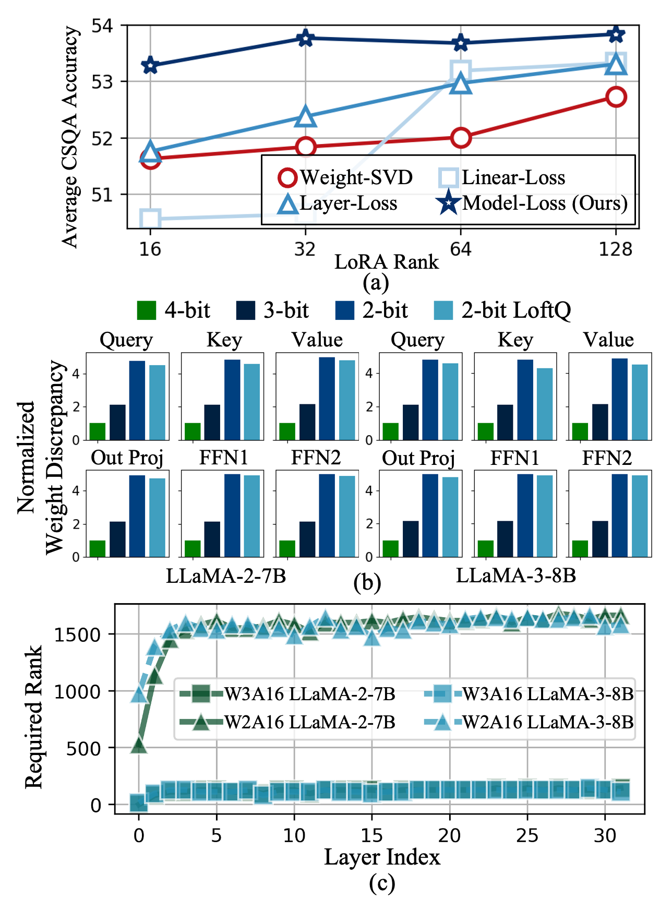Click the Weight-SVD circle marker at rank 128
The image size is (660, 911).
[616, 97]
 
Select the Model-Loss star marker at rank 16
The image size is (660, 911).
[150, 66]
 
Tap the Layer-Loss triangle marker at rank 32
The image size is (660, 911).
[306, 117]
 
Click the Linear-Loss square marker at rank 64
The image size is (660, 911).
[461, 70]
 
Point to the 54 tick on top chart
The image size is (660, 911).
[102, 26]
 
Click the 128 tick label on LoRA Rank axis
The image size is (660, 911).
[616, 249]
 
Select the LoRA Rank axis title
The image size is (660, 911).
[386, 261]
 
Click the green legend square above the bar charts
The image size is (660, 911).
[147, 310]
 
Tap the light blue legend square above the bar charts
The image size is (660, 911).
[443, 310]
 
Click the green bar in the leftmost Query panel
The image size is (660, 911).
[98, 431]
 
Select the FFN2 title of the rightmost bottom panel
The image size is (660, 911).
[607, 458]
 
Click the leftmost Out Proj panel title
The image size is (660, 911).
[127, 458]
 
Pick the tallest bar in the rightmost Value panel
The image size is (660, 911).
[619, 399]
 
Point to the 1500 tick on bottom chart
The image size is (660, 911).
[77, 634]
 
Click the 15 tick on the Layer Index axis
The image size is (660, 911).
[371, 835]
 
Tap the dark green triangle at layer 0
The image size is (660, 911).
[139, 746]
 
